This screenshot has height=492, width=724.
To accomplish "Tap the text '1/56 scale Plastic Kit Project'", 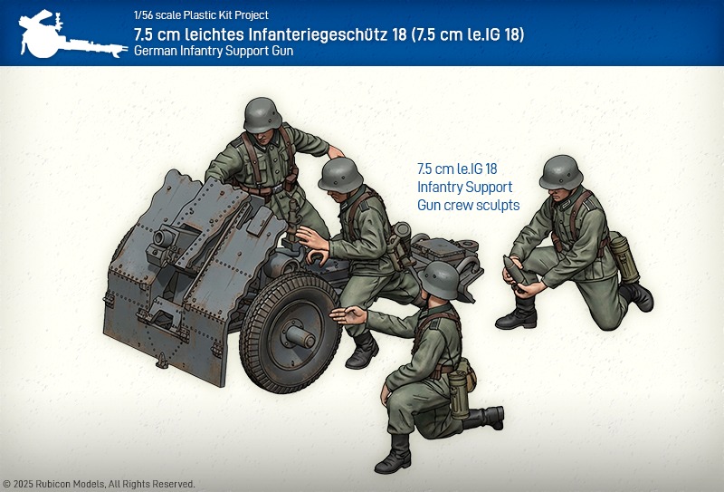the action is pyautogui.click(x=201, y=14).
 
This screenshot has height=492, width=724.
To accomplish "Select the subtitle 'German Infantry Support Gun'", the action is pyautogui.click(x=214, y=51).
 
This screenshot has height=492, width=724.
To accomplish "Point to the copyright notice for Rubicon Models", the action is pyautogui.click(x=99, y=484).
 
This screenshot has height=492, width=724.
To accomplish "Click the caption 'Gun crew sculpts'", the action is pyautogui.click(x=468, y=205).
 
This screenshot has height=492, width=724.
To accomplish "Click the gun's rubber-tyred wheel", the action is pyautogui.click(x=290, y=331).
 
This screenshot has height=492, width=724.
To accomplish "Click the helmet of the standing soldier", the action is pyautogui.click(x=262, y=115).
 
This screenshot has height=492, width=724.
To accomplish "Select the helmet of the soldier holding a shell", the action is pyautogui.click(x=560, y=172).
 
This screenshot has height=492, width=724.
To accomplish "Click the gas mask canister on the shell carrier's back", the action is pyautogui.click(x=624, y=256).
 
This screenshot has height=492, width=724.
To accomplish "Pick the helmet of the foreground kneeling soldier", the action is pyautogui.click(x=441, y=280).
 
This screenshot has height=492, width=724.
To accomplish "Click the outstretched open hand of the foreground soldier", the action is pyautogui.click(x=348, y=315).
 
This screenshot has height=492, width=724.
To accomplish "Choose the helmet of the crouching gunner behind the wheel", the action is pyautogui.click(x=340, y=175).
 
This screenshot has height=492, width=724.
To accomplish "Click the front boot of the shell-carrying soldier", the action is pyautogui.click(x=518, y=314).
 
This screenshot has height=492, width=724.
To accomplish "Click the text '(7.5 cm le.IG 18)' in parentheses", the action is pyautogui.click(x=468, y=34).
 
